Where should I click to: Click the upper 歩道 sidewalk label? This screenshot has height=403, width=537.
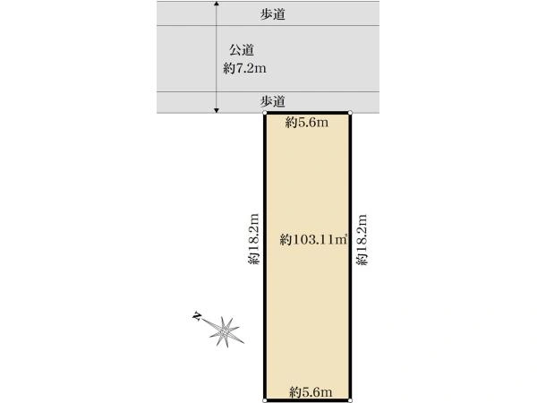point(273,14)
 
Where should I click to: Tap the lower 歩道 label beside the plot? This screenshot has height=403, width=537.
point(273,101)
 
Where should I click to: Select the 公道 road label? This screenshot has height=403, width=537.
point(242,50)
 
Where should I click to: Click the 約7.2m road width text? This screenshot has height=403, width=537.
point(244,69)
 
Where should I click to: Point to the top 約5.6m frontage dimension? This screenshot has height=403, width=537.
point(307,122)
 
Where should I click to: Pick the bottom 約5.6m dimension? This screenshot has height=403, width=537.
point(311,391)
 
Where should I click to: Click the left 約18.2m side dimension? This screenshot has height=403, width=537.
point(254,239)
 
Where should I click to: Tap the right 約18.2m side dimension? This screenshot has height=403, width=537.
point(362,239)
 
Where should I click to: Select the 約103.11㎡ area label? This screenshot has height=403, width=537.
point(313,239)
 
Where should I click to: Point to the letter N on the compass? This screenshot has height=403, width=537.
point(196,316)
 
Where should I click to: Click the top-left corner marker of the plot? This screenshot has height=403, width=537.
point(264,113)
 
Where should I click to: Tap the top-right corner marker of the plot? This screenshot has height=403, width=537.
point(350,113)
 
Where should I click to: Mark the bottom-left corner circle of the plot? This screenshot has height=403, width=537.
point(264,400)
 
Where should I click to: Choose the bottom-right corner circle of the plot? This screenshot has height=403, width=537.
point(350,400)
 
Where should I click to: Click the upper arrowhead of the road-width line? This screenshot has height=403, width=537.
point(216,4)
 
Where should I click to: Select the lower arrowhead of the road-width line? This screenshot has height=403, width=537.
point(216,110)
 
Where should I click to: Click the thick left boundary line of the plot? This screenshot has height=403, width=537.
point(265,256)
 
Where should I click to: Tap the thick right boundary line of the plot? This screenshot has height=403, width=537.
point(350,256)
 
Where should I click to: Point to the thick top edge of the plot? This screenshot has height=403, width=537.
point(307,113)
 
